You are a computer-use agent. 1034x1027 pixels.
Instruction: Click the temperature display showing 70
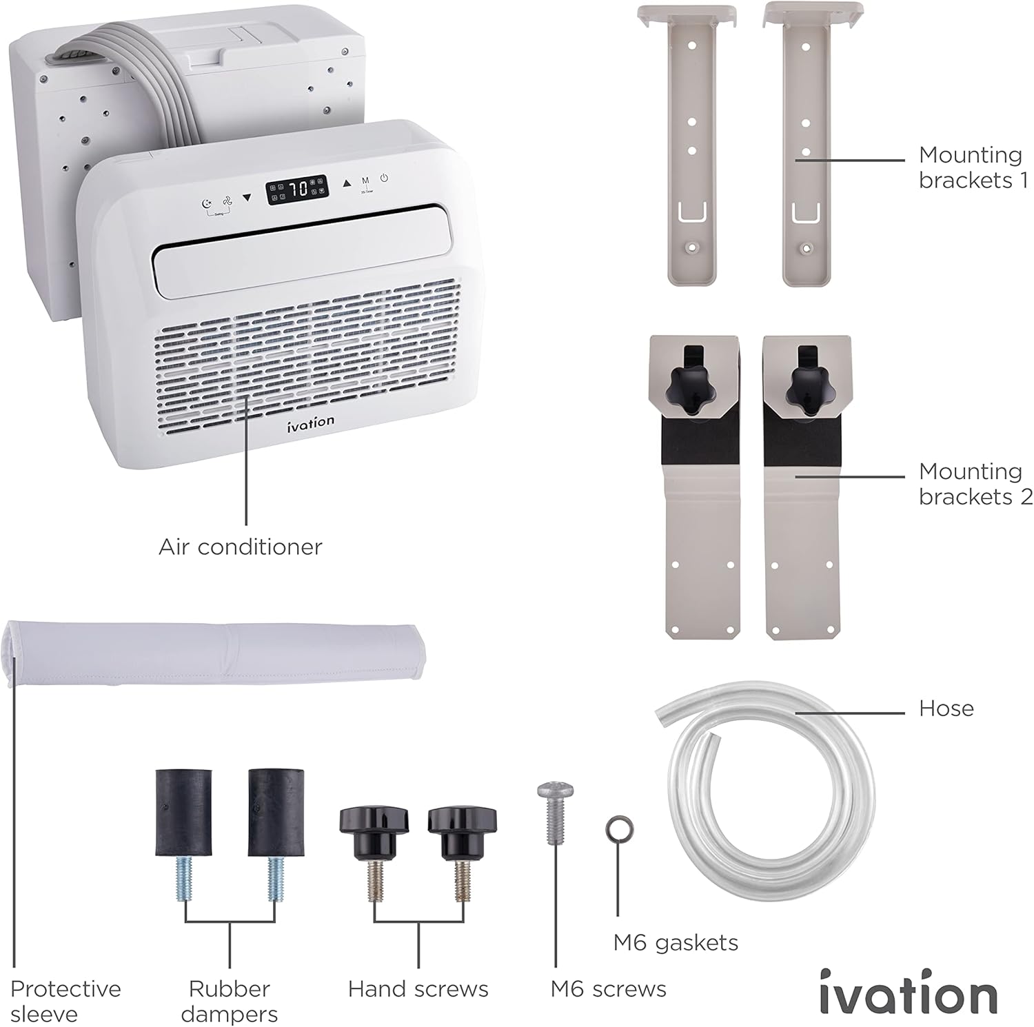(298, 189)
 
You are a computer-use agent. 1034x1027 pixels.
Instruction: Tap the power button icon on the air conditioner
(384, 178)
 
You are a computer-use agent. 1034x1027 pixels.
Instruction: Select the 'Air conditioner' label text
(240, 547)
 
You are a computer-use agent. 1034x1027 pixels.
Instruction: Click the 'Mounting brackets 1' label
(973, 167)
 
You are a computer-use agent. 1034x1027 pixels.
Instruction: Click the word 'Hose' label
(946, 709)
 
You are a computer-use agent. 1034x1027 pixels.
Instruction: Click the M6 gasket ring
(619, 828)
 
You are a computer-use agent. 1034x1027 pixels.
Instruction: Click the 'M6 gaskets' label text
(676, 942)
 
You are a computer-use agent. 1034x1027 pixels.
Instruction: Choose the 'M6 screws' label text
(608, 989)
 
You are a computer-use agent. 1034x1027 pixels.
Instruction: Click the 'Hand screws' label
(418, 989)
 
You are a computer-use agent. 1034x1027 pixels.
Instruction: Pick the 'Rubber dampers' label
(230, 1001)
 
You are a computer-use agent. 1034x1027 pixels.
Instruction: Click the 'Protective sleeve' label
(65, 1001)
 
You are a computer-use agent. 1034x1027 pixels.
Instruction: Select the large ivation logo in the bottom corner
(908, 993)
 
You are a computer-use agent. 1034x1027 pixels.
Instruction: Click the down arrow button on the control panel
(247, 198)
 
